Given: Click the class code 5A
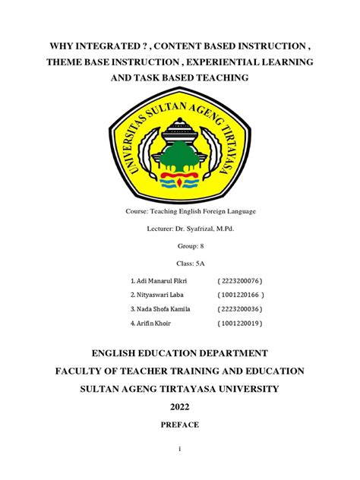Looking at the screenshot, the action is [x=190, y=264].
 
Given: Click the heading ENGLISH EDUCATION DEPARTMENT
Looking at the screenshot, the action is [x=180, y=352].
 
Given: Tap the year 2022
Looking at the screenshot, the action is [x=180, y=407].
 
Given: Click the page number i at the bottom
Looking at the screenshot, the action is [x=180, y=450].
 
